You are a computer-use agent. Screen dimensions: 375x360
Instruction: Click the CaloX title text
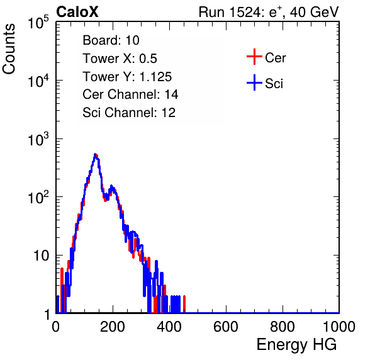pos(77,12)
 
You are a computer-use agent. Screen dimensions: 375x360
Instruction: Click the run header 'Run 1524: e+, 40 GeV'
pos(269,12)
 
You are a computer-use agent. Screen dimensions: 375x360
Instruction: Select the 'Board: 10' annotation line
pos(111,40)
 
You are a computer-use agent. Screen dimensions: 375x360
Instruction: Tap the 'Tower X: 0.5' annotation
pos(120,59)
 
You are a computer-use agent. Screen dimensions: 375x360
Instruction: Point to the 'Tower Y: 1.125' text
pos(127,77)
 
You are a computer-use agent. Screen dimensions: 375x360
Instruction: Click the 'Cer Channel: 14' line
pos(130,94)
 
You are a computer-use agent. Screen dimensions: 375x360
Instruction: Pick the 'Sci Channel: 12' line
pos(129,113)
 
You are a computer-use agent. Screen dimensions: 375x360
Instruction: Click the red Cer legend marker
pos(254,57)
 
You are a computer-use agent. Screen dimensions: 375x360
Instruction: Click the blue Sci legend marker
pos(254,82)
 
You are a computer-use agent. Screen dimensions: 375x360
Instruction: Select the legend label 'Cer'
pos(275,58)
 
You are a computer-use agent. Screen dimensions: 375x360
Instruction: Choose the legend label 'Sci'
pos(274,84)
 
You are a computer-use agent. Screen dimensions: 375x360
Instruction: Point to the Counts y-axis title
pos(9,49)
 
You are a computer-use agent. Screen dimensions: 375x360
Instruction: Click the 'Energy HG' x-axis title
pos(296,345)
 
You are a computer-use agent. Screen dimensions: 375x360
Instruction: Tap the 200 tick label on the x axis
pos(113,327)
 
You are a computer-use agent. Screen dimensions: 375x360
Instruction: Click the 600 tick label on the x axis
pos(226,327)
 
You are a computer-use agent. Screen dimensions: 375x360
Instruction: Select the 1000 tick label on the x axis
pos(339,327)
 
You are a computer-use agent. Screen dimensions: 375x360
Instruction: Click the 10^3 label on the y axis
pos(38,138)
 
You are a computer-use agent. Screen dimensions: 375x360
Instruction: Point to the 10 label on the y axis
pos(41,256)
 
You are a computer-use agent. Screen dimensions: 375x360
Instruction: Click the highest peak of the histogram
pos(95,155)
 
